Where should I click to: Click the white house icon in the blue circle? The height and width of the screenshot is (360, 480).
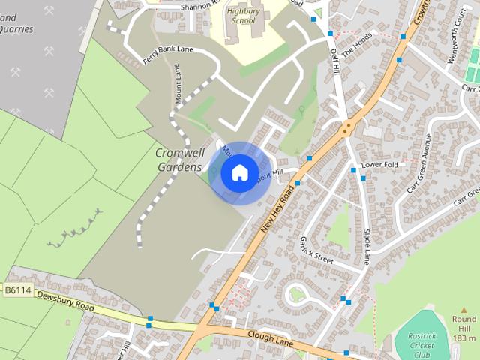click(239, 173)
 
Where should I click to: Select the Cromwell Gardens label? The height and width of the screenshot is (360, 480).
click(179, 160)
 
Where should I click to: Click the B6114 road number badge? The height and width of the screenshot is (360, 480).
click(18, 290)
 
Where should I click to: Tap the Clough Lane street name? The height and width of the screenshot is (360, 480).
click(268, 339)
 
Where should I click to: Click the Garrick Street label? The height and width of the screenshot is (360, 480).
click(316, 248)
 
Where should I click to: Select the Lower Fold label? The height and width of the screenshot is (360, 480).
click(379, 164)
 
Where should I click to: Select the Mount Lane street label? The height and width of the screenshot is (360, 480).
click(178, 82)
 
